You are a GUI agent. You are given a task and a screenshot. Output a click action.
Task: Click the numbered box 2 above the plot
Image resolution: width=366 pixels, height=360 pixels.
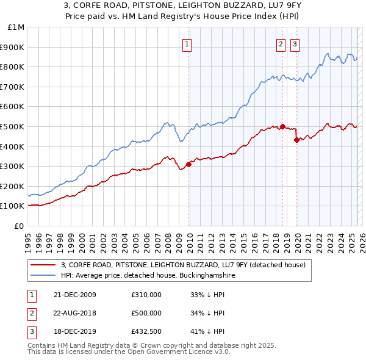coord(281,43)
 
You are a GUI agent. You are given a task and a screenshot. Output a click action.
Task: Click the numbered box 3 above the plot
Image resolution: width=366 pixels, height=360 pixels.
coord(295,43)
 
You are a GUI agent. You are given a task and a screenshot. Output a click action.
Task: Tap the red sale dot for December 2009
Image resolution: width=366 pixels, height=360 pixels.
coord(189,164)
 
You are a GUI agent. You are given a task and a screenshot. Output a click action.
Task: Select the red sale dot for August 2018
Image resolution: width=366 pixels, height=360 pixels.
coord(283,126)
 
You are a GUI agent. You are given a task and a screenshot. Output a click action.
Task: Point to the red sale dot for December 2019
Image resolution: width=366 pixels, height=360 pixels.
coord(297,140)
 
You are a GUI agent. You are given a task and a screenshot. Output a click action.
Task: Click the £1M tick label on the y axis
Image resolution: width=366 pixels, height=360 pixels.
coord(16,27)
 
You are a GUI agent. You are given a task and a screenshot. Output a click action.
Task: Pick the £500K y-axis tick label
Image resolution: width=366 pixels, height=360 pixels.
coord(13,126)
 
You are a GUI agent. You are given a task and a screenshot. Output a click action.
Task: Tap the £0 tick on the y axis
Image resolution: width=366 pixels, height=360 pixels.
coord(18,226)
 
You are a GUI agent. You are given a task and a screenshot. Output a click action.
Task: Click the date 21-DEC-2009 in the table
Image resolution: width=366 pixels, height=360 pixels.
coord(75,295)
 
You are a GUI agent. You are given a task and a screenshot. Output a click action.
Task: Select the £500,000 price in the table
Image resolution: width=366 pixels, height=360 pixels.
coord(146,313)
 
